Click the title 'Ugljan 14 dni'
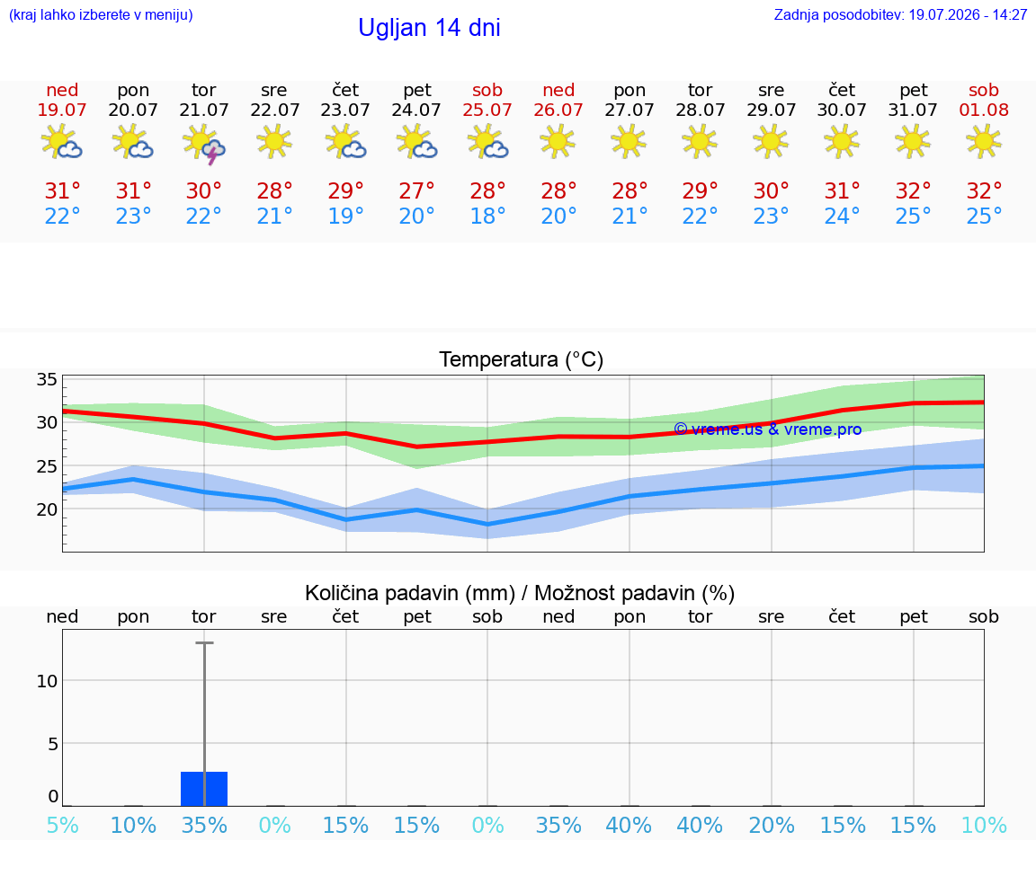pyautogui.click(x=429, y=28)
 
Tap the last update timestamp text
pyautogui.click(x=900, y=14)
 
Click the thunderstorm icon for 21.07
pyautogui.click(x=204, y=143)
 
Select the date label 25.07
pyautogui.click(x=487, y=110)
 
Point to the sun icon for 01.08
pyautogui.click(x=984, y=141)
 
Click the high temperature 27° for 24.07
pyautogui.click(x=416, y=190)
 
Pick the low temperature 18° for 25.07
pyautogui.click(x=487, y=216)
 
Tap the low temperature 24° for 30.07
pyautogui.click(x=842, y=216)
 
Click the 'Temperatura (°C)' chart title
pyautogui.click(x=522, y=359)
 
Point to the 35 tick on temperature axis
pyautogui.click(x=47, y=379)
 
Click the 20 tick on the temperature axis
pyautogui.click(x=47, y=509)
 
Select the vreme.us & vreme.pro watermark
pyautogui.click(x=768, y=429)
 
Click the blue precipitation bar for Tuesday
pyautogui.click(x=204, y=789)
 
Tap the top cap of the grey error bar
pyautogui.click(x=204, y=642)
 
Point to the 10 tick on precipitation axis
pyautogui.click(x=47, y=681)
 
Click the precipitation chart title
pyautogui.click(x=520, y=593)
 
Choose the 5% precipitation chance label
pyautogui.click(x=63, y=825)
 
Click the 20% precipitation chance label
pyautogui.click(x=771, y=825)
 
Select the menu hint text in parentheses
pyautogui.click(x=101, y=14)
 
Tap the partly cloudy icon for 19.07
pyautogui.click(x=61, y=141)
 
